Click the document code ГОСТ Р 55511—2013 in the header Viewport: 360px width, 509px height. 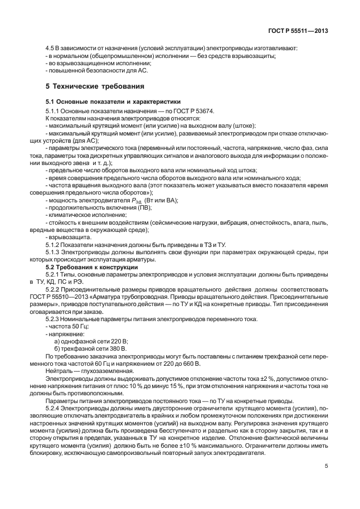pos(298,31)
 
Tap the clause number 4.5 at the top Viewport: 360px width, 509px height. pos(49,48)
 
